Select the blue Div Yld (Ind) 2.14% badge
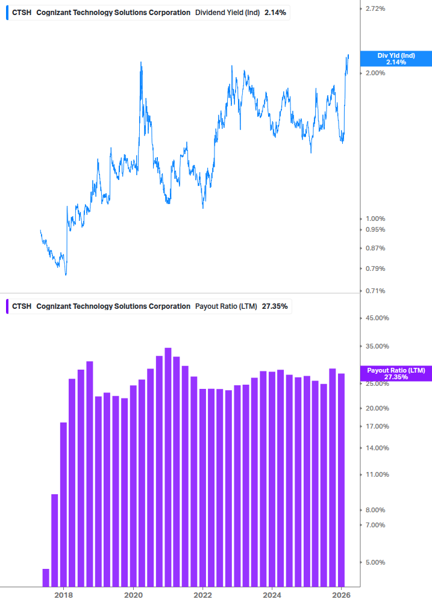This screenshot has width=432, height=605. point(396,58)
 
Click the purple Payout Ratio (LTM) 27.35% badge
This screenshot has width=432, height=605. point(396,373)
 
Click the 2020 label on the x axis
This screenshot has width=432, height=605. point(133,595)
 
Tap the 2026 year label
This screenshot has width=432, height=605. point(341,595)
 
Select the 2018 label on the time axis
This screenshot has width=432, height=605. point(63,595)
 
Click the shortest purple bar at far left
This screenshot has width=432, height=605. point(46,577)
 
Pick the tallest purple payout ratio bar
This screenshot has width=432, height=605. point(168,467)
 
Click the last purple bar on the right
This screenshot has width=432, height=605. point(341,480)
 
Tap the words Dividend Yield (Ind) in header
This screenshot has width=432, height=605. point(227,13)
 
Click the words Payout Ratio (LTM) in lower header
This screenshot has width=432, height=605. point(226,306)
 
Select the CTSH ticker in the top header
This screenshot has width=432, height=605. point(22,13)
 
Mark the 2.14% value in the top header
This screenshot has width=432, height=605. point(275,13)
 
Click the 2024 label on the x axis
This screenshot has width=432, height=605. point(272,595)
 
